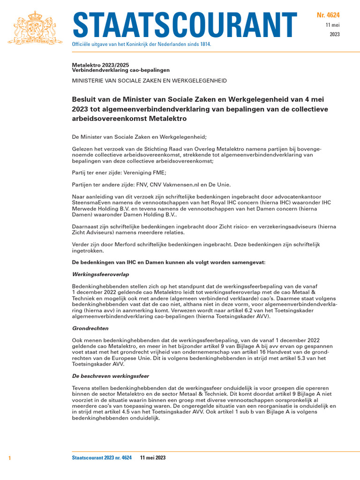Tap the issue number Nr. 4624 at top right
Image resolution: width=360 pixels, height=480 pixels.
click(329, 16)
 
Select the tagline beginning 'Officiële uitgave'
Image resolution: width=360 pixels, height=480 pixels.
click(141, 44)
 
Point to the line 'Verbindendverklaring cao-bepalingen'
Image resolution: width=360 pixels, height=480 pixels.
click(120, 70)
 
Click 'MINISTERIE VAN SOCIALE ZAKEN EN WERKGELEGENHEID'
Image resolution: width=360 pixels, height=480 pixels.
click(149, 81)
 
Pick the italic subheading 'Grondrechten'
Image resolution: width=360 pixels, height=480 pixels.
click(90, 329)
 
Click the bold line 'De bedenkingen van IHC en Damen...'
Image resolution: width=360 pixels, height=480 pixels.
click(168, 262)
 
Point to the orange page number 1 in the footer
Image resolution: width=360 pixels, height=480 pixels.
click(9, 457)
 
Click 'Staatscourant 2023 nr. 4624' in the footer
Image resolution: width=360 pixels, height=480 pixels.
click(102, 457)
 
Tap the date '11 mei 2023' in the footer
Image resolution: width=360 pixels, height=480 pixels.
click(153, 457)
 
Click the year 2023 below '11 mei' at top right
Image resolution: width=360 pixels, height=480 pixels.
click(335, 34)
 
